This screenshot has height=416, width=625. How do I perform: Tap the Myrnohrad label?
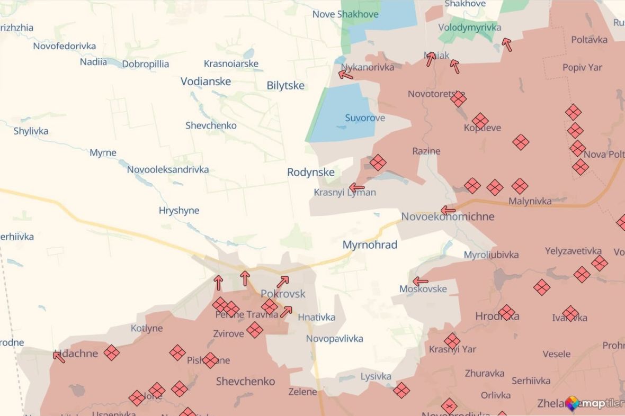[x=370, y=245]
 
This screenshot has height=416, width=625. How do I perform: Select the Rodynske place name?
[x=311, y=172]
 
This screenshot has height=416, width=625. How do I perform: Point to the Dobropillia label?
[x=146, y=64]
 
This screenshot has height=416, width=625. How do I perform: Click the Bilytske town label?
[x=286, y=85]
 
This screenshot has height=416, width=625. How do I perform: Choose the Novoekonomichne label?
[x=448, y=216]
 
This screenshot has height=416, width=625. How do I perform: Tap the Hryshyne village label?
[x=179, y=210]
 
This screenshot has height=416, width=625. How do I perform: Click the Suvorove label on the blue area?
[x=365, y=117]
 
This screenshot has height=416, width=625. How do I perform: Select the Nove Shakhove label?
[x=345, y=14]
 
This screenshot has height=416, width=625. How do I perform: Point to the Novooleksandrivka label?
[x=167, y=169]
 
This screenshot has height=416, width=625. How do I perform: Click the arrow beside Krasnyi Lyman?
[x=357, y=187]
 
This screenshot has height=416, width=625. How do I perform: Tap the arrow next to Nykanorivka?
[x=346, y=75]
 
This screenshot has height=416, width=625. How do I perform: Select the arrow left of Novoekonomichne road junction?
[x=448, y=210]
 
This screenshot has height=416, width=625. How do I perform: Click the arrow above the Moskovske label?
[x=421, y=282]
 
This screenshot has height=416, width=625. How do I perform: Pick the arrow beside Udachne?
[x=59, y=357]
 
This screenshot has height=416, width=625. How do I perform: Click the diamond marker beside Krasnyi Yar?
[x=452, y=341]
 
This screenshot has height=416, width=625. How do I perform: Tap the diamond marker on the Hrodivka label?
[x=507, y=312]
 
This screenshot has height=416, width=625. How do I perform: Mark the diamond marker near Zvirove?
[x=255, y=330]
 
